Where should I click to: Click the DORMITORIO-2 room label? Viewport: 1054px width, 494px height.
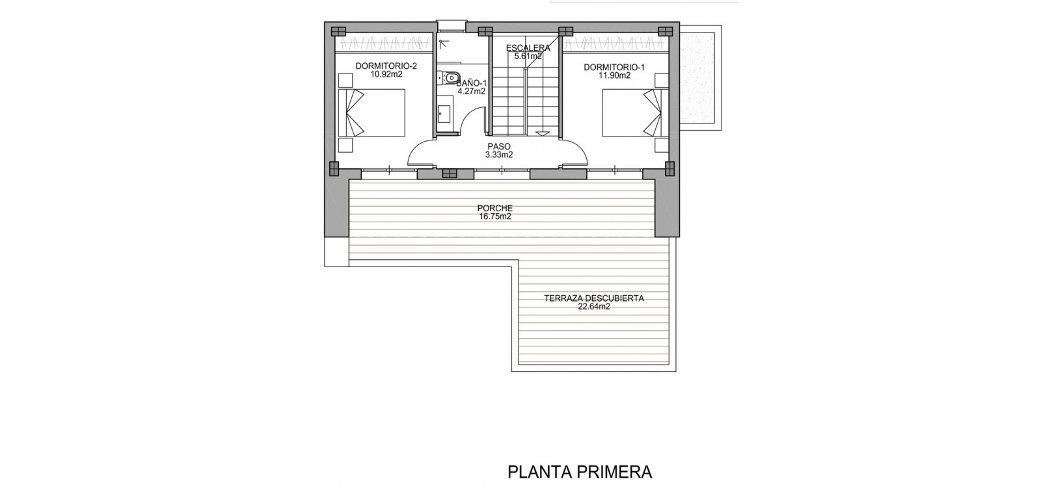click(x=386, y=66)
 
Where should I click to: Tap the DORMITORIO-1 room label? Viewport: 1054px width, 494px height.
click(x=614, y=67)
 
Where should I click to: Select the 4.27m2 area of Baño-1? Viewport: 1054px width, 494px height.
click(x=472, y=91)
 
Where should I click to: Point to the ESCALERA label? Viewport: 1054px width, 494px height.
click(x=528, y=48)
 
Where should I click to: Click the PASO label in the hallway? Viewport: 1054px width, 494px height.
click(x=499, y=147)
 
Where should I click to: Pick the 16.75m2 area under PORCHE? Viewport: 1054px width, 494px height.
click(x=494, y=216)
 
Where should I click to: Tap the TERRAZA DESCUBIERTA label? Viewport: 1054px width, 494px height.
click(x=594, y=298)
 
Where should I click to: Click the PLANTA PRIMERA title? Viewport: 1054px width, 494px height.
click(x=580, y=472)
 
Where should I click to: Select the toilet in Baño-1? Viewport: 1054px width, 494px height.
click(x=449, y=77)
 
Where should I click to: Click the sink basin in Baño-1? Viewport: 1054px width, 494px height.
click(x=444, y=114)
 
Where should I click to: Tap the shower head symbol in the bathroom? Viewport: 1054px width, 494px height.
click(x=442, y=44)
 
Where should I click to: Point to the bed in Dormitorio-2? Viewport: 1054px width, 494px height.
click(x=372, y=113)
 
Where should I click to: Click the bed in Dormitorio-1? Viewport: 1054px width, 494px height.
click(x=635, y=113)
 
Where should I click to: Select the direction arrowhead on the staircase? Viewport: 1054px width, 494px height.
click(x=543, y=133)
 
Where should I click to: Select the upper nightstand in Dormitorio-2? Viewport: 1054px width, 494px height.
click(x=346, y=80)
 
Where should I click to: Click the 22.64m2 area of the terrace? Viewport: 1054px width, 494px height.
click(x=594, y=306)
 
